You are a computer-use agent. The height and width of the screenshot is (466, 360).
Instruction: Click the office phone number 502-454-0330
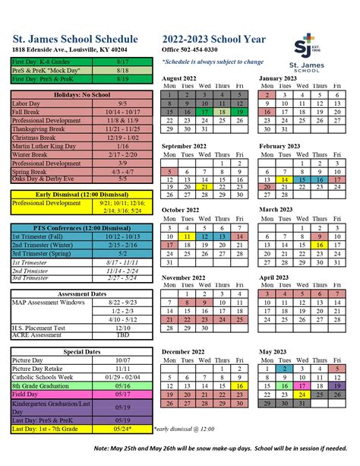[x=195, y=49]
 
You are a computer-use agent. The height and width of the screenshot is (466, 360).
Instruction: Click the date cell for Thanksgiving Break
[x=123, y=128]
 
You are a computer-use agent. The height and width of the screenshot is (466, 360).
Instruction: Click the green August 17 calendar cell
[x=205, y=111]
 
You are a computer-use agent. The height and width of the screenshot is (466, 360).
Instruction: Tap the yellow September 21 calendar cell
[x=205, y=187]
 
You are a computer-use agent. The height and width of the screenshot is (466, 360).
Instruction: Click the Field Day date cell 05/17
[x=123, y=395]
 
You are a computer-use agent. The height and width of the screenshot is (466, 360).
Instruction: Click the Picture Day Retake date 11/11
[x=123, y=369]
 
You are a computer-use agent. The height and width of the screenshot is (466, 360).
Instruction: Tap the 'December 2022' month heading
[x=188, y=352]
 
